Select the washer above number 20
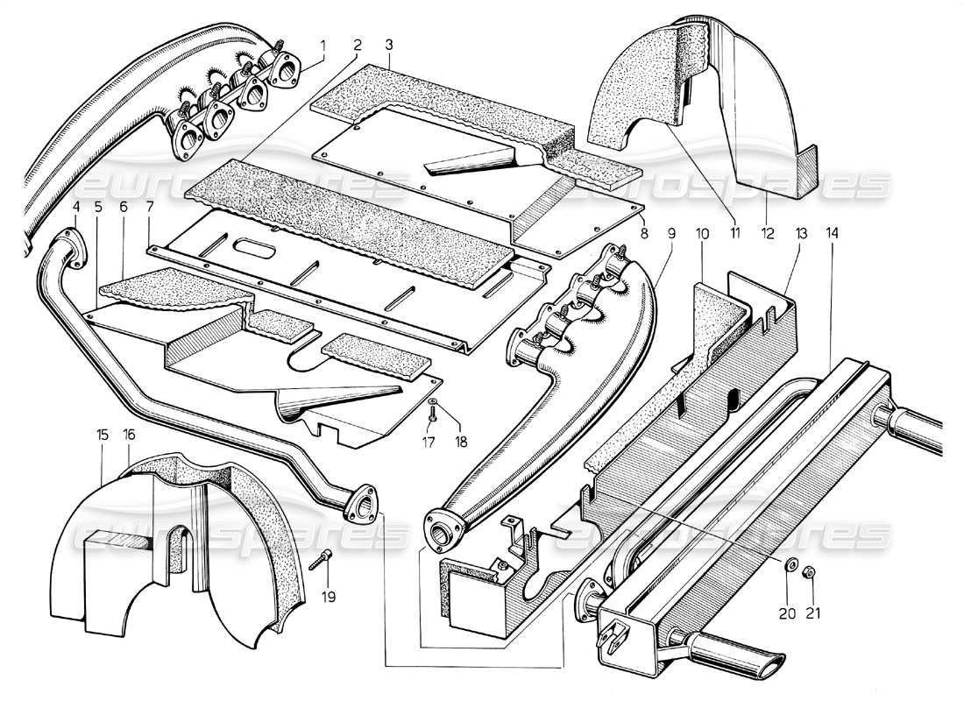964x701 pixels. [x=789, y=566]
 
